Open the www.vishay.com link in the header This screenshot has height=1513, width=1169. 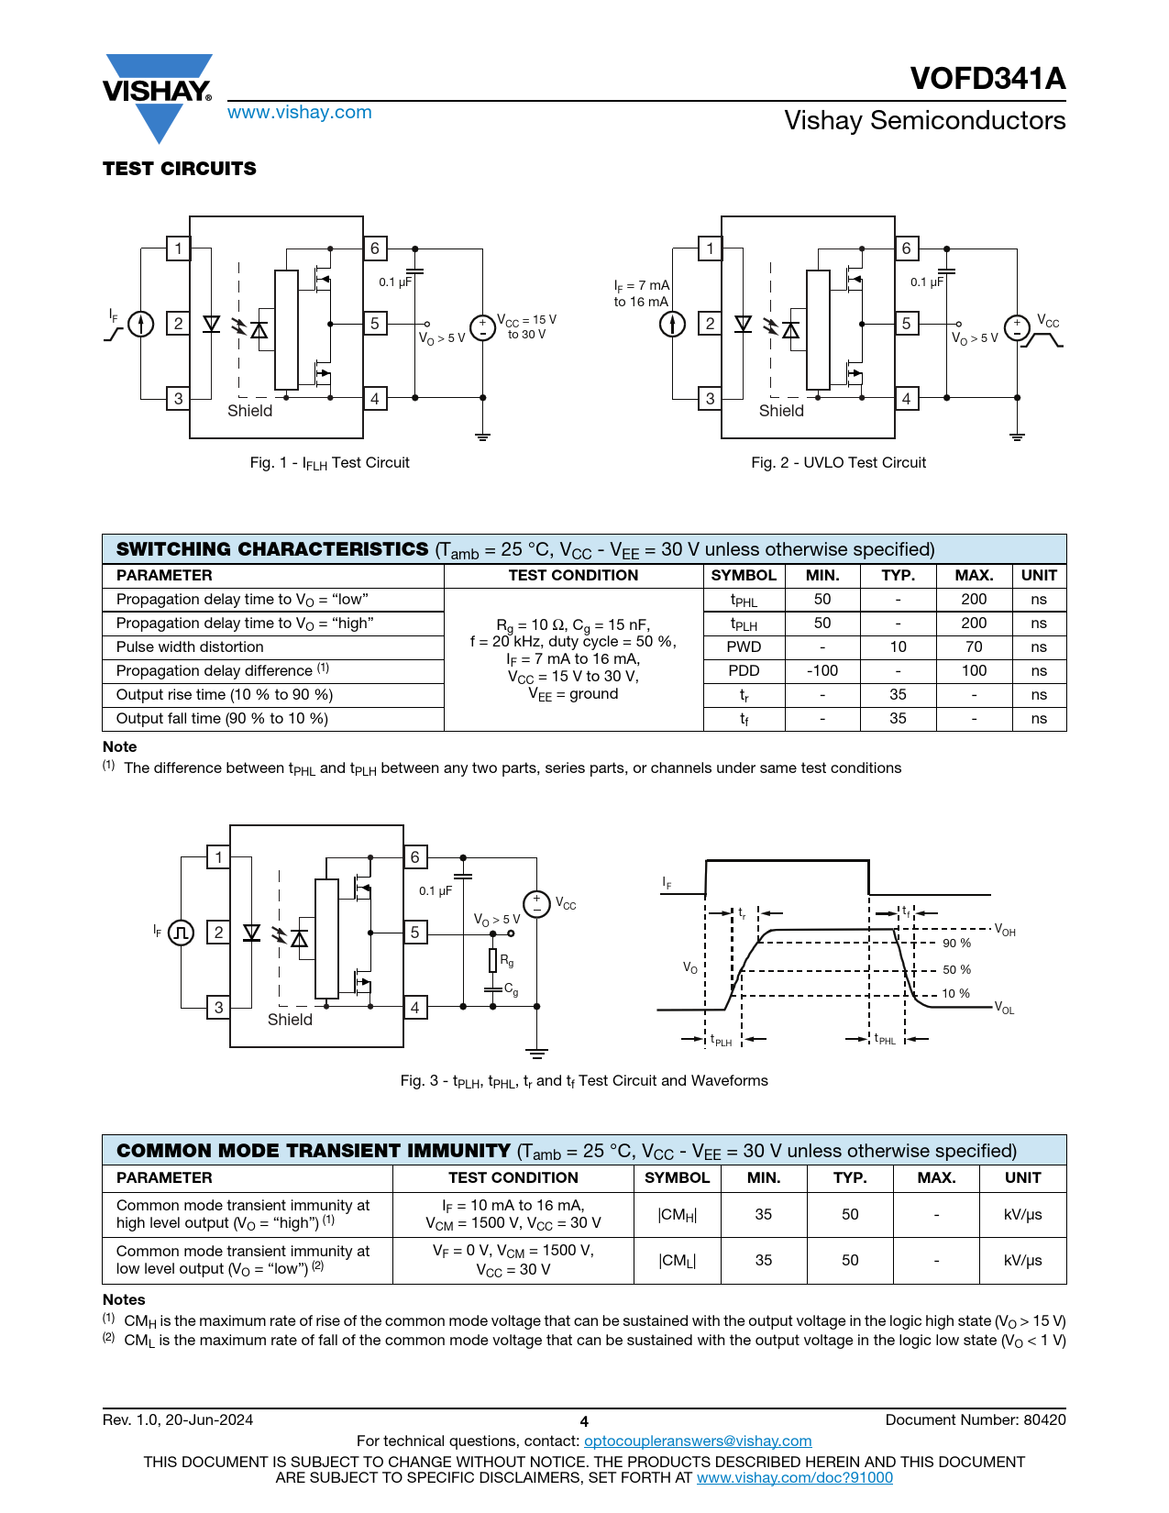[x=300, y=113]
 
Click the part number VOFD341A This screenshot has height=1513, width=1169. [x=987, y=79]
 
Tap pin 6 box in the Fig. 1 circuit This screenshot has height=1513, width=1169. [x=375, y=248]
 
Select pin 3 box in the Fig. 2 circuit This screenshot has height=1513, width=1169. [x=710, y=399]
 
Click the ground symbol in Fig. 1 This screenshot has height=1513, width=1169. [x=483, y=436]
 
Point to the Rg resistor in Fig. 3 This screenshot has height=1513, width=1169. [x=493, y=960]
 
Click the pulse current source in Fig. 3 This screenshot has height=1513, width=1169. [x=181, y=933]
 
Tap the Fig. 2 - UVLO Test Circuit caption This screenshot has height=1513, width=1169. [x=838, y=463]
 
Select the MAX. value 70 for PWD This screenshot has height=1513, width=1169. [x=974, y=647]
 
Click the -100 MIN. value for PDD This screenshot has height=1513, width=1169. [x=822, y=671]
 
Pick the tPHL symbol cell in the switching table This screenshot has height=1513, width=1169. [x=744, y=600]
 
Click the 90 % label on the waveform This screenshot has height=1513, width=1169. [x=956, y=944]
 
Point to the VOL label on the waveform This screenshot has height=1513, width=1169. [x=1005, y=1009]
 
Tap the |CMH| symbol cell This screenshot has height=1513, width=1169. [x=677, y=1215]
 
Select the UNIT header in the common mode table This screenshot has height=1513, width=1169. [x=1022, y=1178]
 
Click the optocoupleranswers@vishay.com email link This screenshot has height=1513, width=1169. [x=698, y=1441]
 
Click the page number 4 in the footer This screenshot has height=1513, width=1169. [x=584, y=1422]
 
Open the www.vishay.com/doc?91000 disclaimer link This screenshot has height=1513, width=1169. [x=794, y=1478]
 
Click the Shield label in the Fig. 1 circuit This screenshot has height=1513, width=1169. [x=250, y=411]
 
